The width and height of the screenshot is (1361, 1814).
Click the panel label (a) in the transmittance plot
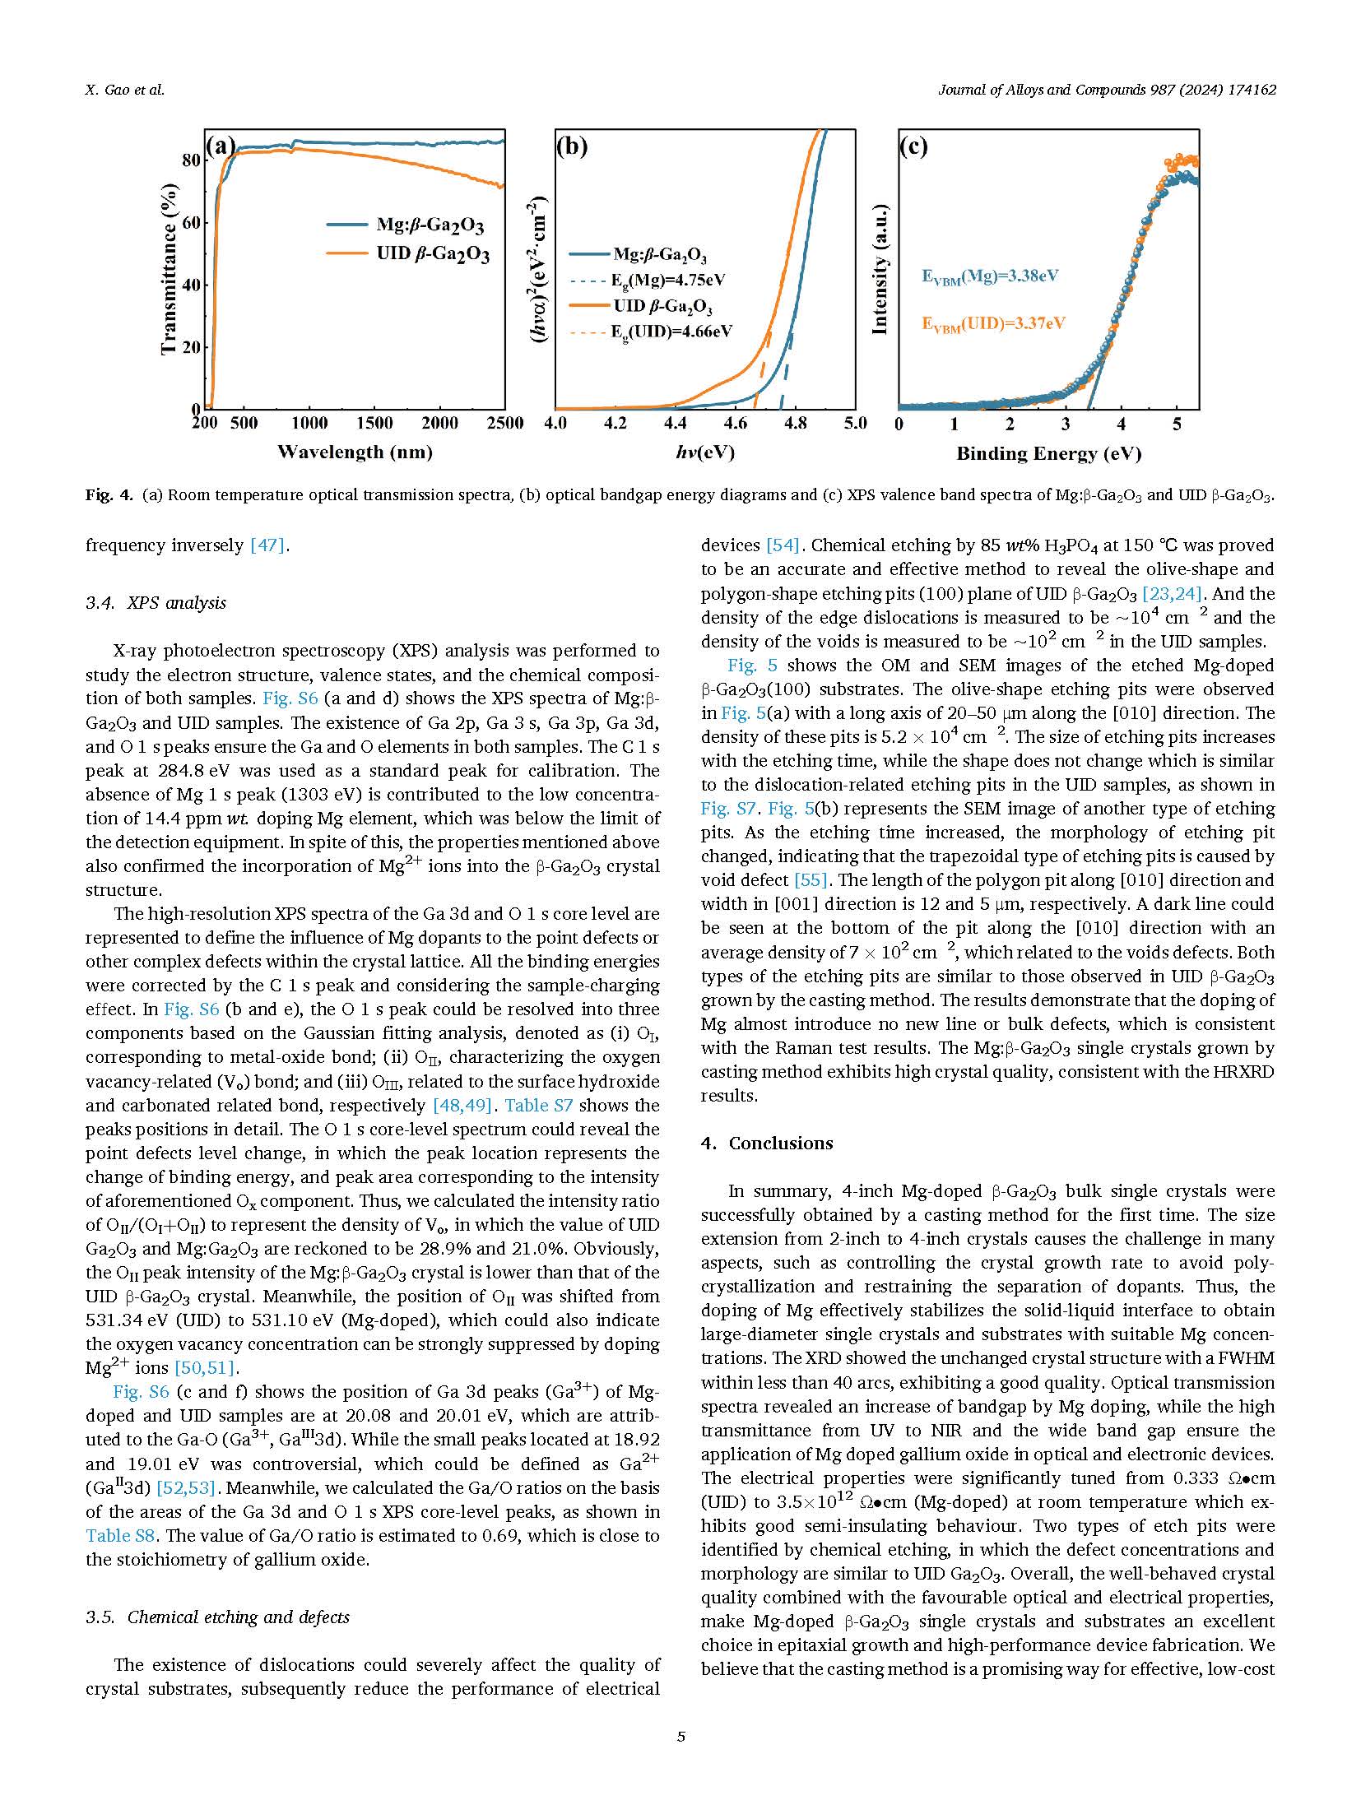tap(220, 146)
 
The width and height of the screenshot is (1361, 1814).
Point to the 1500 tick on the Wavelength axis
tap(374, 423)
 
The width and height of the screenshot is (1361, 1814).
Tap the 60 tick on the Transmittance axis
tap(191, 223)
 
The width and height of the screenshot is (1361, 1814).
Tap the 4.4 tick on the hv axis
tap(675, 423)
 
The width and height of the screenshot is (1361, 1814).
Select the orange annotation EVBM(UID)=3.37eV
tap(993, 323)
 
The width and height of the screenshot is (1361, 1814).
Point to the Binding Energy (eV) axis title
tap(1048, 453)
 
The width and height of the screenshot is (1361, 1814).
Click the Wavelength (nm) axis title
tap(355, 452)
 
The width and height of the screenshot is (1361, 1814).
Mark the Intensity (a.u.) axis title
tap(880, 269)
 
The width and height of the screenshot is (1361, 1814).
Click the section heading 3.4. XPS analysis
tap(156, 603)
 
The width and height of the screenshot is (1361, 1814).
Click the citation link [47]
tap(268, 545)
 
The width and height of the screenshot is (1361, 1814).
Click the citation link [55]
tap(811, 880)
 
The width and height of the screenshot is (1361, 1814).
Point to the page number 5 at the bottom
tap(680, 1737)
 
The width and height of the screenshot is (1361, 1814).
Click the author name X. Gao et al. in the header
tap(125, 90)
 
